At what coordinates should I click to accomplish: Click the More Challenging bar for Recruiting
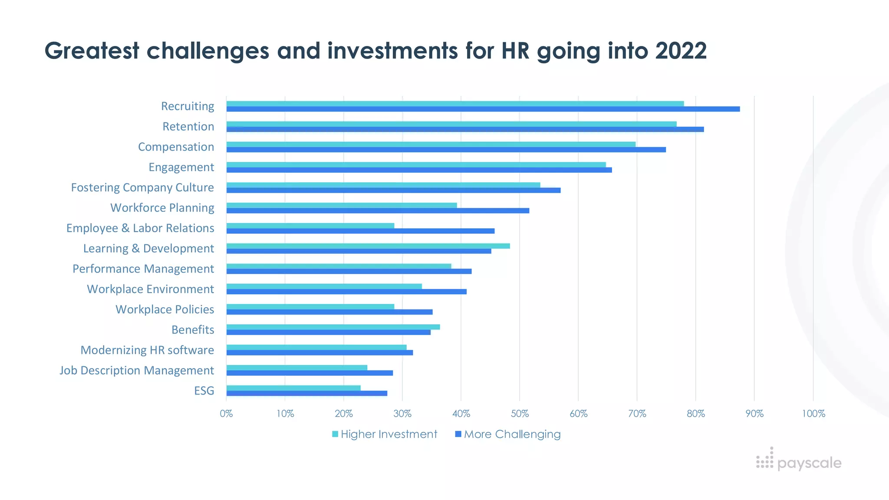pos(483,109)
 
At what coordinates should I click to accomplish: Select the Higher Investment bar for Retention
pos(451,124)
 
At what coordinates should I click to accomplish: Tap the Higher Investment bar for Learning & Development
pos(368,246)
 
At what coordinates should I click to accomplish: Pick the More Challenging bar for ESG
pos(306,393)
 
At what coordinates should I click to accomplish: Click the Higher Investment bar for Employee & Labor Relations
pos(310,226)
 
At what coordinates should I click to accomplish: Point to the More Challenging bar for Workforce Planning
pos(378,211)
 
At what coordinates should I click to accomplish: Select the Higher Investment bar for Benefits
pos(333,327)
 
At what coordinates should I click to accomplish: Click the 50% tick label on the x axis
pos(520,414)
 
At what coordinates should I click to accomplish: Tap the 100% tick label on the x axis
pos(813,414)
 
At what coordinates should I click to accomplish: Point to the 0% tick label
pos(226,414)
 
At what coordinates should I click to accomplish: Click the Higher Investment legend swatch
pos(335,434)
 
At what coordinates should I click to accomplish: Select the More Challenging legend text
pos(512,434)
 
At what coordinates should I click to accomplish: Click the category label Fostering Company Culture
pos(142,187)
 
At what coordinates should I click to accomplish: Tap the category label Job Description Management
pos(137,370)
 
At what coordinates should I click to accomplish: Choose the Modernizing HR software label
pos(147,350)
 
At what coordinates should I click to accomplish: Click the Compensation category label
pos(176,147)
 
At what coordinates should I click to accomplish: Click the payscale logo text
pos(809,463)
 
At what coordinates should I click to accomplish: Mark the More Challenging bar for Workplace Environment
pos(346,292)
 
